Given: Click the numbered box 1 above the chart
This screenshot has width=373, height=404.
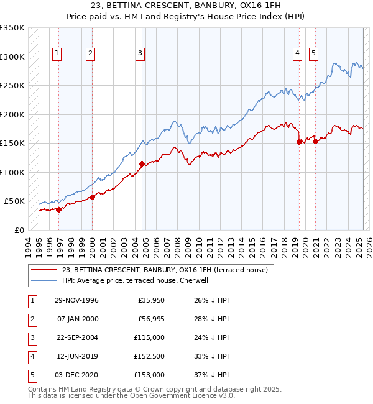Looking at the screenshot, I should (57, 54).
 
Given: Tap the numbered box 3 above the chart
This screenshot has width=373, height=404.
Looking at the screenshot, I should (140, 54).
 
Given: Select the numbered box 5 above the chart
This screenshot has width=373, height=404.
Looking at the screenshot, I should (313, 54).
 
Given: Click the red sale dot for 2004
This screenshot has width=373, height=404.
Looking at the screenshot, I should (142, 164).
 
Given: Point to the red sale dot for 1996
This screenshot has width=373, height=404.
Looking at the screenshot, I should (59, 209).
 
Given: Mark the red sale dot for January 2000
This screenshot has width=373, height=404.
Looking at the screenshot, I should (92, 198).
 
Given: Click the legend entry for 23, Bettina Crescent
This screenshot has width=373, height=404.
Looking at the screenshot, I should (165, 270).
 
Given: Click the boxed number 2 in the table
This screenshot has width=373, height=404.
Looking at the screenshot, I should (32, 319).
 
